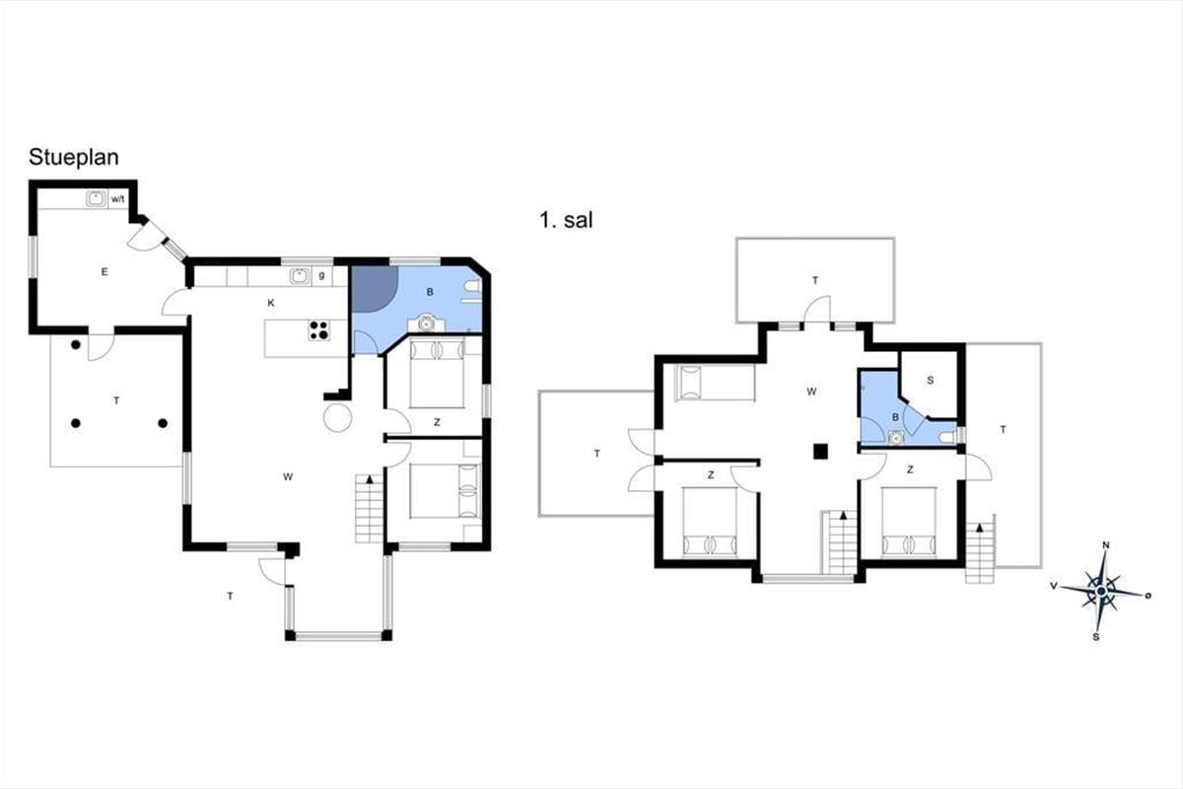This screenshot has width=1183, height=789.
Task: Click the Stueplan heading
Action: point(73,158)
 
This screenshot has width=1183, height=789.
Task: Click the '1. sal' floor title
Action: point(566,220)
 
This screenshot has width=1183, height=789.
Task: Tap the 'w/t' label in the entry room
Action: point(117,199)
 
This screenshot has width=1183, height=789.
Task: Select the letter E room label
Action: point(104,271)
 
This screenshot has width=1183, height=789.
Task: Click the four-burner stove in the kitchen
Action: point(319,330)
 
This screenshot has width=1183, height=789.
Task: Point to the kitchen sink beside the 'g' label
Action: point(300,276)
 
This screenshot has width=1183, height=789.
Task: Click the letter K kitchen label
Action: point(271,303)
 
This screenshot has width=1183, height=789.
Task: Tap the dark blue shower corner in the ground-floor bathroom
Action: point(374,289)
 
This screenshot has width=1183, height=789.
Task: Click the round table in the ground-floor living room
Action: point(337,418)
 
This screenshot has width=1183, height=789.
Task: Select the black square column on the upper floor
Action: point(820,452)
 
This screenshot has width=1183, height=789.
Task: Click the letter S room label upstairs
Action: point(930,380)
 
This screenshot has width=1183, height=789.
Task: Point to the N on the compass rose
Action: point(1105,545)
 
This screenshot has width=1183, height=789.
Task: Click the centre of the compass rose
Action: point(1101,591)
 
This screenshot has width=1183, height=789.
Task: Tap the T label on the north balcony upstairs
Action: point(815,280)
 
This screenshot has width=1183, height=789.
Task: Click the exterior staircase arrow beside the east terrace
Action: point(980,528)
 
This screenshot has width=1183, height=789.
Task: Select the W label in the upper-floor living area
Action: point(811,392)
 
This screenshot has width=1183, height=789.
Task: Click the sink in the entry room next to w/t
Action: point(96,198)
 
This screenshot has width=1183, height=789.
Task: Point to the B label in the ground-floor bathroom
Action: point(430,292)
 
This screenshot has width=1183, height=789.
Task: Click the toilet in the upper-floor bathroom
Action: point(948,437)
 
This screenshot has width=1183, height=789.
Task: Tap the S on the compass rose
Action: point(1096,637)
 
